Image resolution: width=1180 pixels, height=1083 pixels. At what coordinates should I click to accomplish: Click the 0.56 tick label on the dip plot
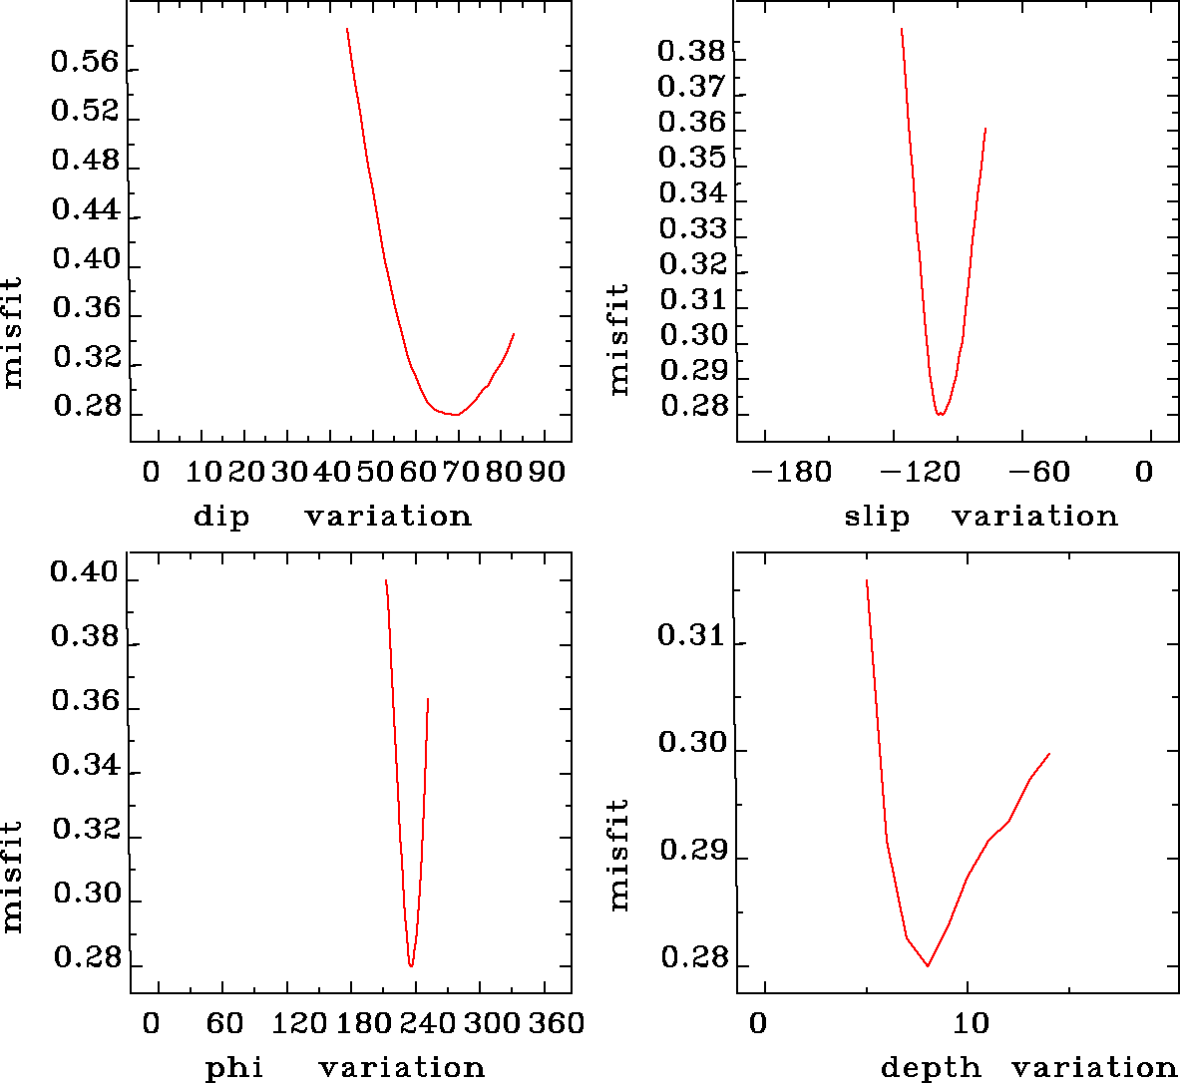[x=85, y=64]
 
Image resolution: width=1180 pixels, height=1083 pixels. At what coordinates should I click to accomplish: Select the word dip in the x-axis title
[x=220, y=517]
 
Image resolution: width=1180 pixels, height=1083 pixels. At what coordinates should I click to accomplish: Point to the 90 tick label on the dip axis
[x=546, y=472]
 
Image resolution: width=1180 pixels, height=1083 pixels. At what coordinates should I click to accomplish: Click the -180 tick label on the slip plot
[x=791, y=472]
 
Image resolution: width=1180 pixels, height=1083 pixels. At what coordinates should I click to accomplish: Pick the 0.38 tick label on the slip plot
[x=691, y=51]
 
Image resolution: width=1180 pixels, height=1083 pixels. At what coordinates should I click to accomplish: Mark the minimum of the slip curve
[x=940, y=414]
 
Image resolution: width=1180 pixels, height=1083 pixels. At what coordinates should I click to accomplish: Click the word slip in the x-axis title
[x=877, y=517]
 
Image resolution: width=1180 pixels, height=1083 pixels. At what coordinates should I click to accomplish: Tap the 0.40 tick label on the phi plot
[x=85, y=574]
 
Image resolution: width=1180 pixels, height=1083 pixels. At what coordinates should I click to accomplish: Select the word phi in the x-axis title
[x=234, y=1068]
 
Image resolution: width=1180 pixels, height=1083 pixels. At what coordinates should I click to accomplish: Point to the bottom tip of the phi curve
[x=411, y=965]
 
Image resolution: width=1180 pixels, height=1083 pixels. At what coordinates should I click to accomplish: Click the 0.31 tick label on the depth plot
[x=691, y=634]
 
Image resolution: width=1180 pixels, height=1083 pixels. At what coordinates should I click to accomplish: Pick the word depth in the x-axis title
[x=931, y=1068]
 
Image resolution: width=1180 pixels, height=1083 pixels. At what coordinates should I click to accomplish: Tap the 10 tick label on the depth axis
[x=971, y=1023]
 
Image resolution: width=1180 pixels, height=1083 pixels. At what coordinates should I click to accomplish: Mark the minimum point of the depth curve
[x=928, y=965]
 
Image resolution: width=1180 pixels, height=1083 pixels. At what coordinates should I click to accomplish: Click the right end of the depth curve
[x=1049, y=754]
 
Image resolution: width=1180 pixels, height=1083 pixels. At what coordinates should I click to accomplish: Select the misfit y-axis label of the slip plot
[x=619, y=339]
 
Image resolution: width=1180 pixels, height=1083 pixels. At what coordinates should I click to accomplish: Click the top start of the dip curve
[x=347, y=29]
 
